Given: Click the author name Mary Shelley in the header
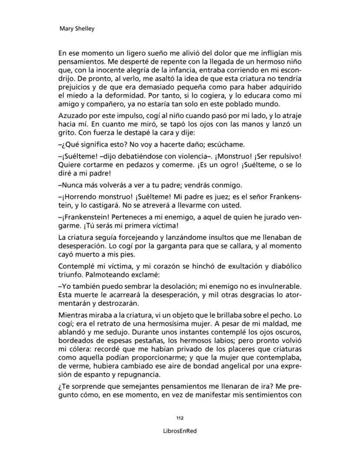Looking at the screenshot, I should (77, 29).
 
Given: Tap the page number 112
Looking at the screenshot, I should (180, 418).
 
